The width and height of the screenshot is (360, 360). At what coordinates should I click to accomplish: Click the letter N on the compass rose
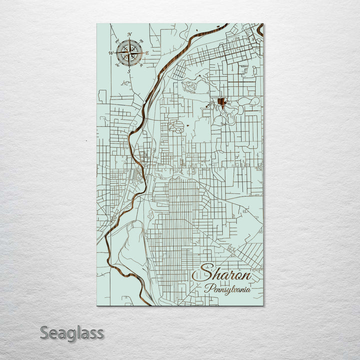(129, 34)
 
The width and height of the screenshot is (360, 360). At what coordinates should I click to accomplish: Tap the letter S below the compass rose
(129, 71)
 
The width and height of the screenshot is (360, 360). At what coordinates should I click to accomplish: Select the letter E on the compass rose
(147, 52)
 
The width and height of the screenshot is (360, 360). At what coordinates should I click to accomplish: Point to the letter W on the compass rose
(111, 52)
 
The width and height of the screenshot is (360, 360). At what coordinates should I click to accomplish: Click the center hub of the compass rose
(129, 52)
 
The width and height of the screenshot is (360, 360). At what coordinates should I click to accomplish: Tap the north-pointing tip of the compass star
(129, 39)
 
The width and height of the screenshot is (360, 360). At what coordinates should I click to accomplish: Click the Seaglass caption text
(72, 333)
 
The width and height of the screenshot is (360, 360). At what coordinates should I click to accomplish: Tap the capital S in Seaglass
(45, 332)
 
